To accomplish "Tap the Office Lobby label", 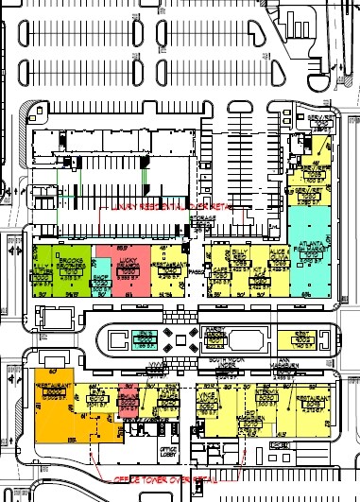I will coord(169,451).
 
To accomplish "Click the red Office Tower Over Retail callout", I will coord(155,480).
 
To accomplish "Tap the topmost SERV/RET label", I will coord(318,119).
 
